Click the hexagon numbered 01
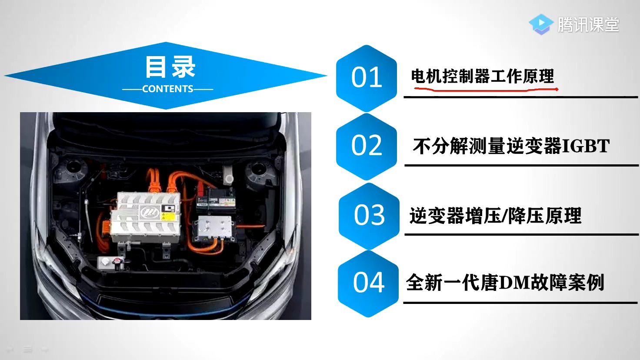click(367, 78)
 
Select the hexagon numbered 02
click(367, 146)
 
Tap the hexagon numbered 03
click(369, 216)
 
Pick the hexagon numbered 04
click(368, 283)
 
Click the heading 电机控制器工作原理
click(483, 77)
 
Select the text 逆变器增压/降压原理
click(495, 215)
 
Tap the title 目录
click(170, 67)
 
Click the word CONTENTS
click(168, 89)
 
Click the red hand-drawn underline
click(486, 90)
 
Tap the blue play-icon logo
click(541, 24)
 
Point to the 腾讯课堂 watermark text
click(588, 25)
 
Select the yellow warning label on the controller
click(168, 216)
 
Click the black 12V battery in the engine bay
click(216, 200)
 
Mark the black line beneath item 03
click(521, 235)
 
